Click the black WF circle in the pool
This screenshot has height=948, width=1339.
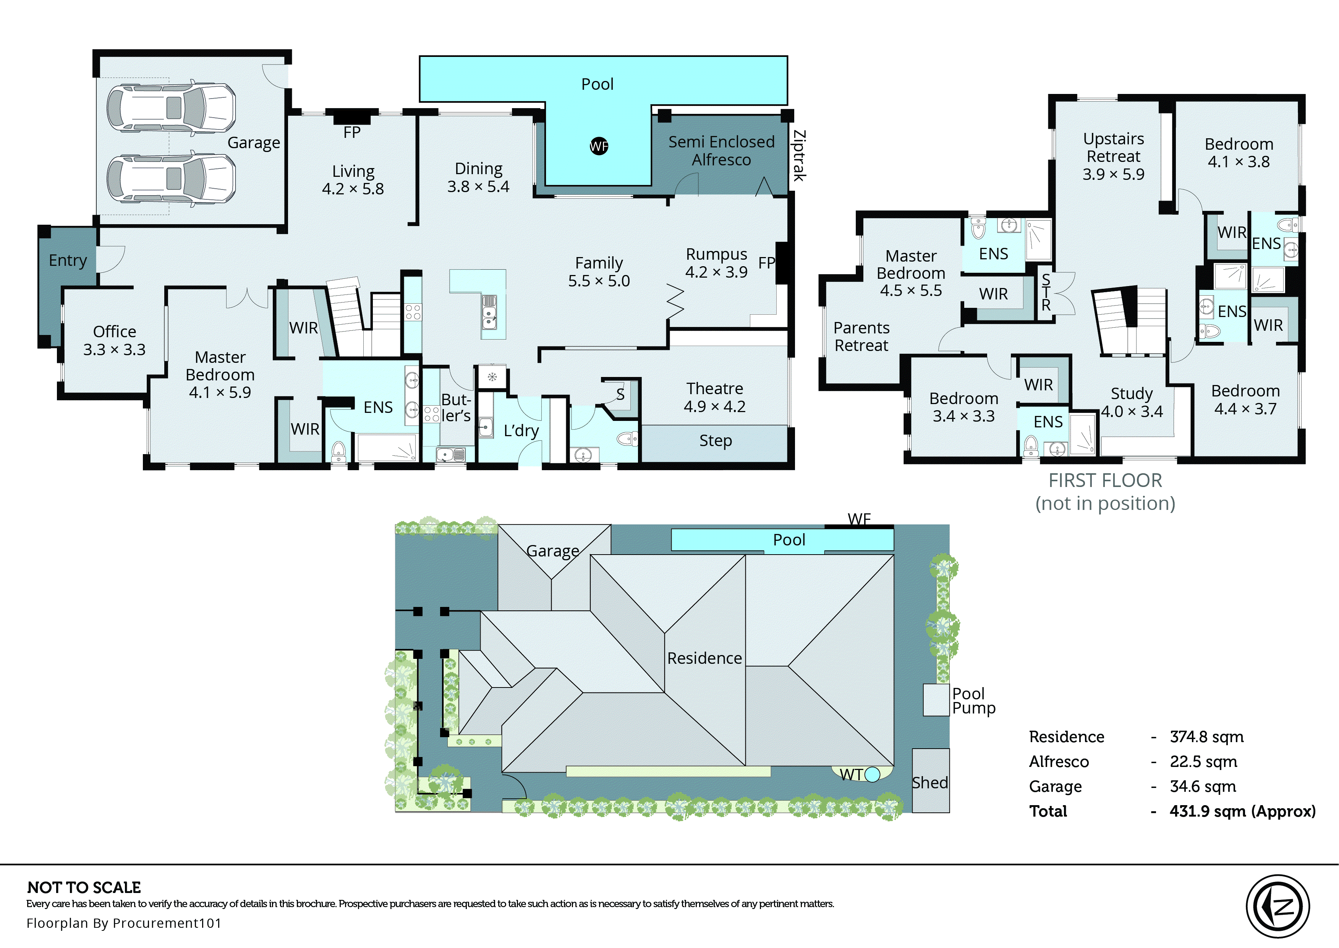pyautogui.click(x=599, y=146)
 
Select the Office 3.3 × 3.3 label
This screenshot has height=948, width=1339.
pyautogui.click(x=114, y=340)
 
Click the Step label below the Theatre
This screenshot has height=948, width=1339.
pyautogui.click(x=715, y=441)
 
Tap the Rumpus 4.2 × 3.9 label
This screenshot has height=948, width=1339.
pyautogui.click(x=716, y=263)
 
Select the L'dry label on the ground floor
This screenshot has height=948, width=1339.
pyautogui.click(x=521, y=431)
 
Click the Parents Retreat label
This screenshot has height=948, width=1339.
pyautogui.click(x=861, y=337)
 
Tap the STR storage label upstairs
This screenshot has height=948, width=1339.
pyautogui.click(x=1046, y=293)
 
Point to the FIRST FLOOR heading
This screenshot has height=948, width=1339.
pyautogui.click(x=1105, y=480)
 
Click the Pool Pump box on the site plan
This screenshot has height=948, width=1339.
pyautogui.click(x=936, y=700)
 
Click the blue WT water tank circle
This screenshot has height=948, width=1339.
pyautogui.click(x=872, y=775)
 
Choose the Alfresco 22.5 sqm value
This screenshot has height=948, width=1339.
pyautogui.click(x=1203, y=762)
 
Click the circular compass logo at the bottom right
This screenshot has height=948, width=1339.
pyautogui.click(x=1278, y=906)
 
